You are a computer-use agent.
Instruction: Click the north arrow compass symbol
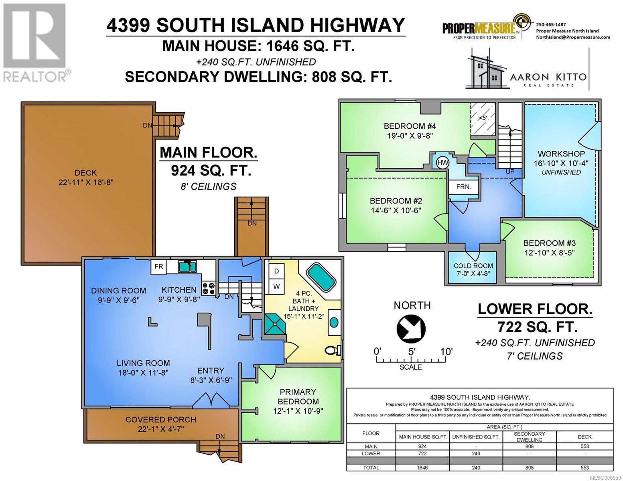(411, 329)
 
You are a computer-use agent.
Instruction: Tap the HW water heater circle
(442, 163)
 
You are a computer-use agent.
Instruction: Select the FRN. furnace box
(464, 187)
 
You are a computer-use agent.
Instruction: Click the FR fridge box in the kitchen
(158, 267)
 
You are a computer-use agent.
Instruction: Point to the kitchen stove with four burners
(209, 289)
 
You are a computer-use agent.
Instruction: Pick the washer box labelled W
(276, 287)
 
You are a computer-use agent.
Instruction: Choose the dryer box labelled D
(276, 271)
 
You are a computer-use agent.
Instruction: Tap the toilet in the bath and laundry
(333, 350)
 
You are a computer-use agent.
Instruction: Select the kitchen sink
(187, 267)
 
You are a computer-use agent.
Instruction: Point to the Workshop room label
(561, 154)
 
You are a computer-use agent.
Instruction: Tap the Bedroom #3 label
(549, 243)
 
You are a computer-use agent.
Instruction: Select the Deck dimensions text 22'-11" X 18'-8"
(86, 182)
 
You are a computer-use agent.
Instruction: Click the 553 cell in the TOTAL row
(584, 467)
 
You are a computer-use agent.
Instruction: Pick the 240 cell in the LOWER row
(476, 453)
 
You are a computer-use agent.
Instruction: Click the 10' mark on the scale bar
(446, 352)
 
